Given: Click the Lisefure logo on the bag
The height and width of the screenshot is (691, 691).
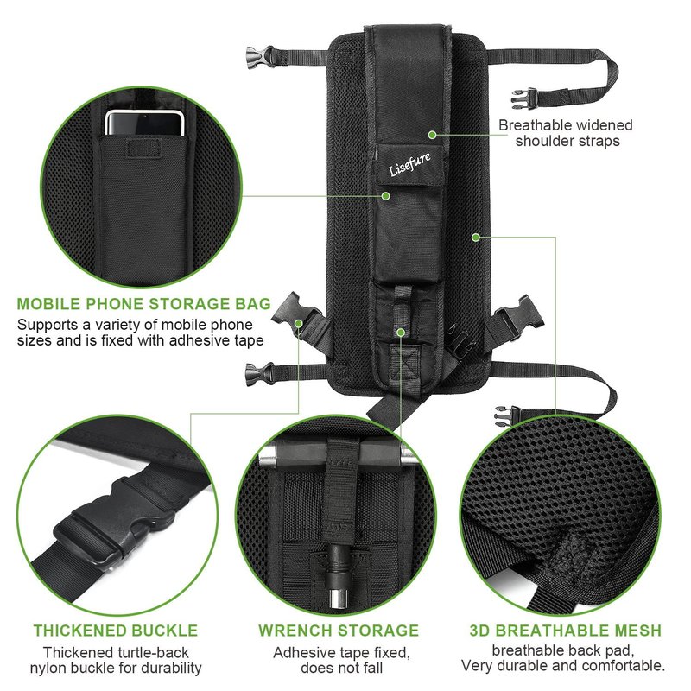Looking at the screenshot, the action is [x=409, y=164].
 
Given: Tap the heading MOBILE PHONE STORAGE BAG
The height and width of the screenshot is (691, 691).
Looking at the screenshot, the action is [x=143, y=304].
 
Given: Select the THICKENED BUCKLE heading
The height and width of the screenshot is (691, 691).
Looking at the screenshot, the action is [x=116, y=631].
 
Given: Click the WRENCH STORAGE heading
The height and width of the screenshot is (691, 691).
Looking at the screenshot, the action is [x=339, y=631].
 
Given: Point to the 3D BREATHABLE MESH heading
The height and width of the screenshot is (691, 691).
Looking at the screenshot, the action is [x=566, y=631].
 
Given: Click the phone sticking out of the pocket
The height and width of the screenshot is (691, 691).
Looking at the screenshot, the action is [x=144, y=123].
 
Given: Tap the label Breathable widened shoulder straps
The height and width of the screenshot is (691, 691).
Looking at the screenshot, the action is [x=566, y=133].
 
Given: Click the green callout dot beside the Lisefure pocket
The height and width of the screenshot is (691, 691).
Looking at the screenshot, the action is [x=385, y=196].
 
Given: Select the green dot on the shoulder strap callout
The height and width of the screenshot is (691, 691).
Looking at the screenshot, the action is [x=433, y=135].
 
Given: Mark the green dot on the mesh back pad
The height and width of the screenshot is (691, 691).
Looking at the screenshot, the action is [x=476, y=238].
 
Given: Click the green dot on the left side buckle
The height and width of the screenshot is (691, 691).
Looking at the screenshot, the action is [x=298, y=324].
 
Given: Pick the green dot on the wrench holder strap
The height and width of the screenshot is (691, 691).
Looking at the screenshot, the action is [x=401, y=332].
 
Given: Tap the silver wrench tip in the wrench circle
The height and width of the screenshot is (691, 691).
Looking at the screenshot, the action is [x=338, y=600].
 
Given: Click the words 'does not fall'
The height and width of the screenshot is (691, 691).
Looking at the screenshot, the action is [x=341, y=668].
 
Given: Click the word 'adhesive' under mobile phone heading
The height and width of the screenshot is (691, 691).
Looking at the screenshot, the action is [x=201, y=340].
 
